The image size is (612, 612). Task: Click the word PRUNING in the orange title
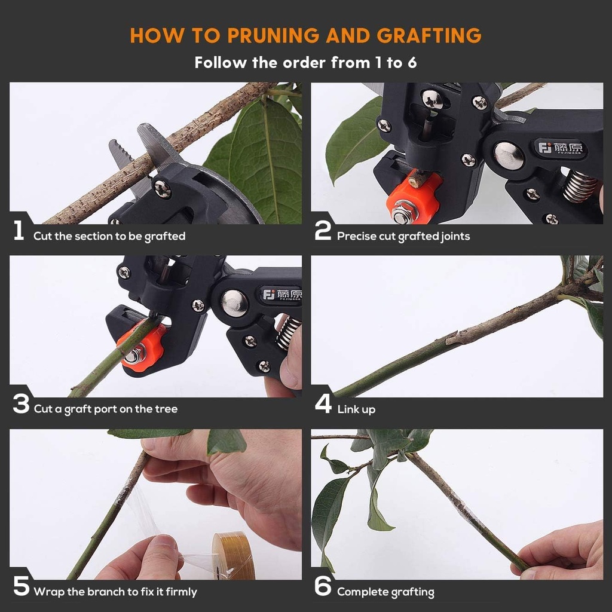click(273, 35)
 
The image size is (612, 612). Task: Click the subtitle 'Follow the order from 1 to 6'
click(305, 62)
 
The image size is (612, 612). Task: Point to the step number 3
click(21, 405)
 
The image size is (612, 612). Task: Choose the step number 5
click(21, 587)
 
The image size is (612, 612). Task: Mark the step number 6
click(323, 587)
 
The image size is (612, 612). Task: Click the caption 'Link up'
click(356, 409)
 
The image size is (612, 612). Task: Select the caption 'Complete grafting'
click(385, 592)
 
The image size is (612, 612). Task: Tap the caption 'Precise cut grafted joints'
click(403, 236)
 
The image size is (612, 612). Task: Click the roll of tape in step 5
click(233, 556)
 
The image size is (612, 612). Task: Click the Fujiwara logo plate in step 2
click(561, 147)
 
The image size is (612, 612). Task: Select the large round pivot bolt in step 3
click(234, 303)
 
